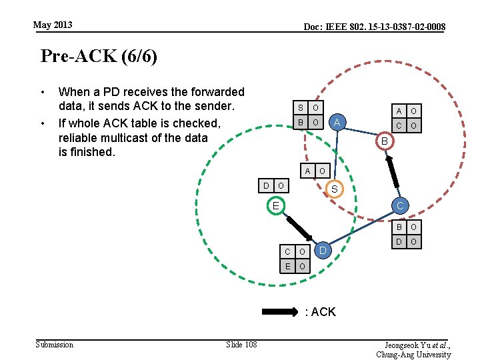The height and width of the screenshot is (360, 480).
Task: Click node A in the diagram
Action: tap(337, 122)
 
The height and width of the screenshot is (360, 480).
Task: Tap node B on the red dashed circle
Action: tap(384, 141)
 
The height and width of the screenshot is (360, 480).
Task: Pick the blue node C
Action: tap(400, 206)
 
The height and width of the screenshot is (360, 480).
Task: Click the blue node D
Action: tap(323, 250)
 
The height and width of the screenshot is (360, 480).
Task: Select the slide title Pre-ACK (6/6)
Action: tap(99, 56)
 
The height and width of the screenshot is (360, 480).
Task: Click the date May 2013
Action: tap(53, 25)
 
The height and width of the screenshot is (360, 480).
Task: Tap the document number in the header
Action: tap(374, 27)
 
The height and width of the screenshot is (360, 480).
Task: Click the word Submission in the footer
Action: tap(54, 344)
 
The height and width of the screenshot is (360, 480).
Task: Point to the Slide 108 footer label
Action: tap(241, 344)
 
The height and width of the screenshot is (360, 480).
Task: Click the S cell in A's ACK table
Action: tap(300, 108)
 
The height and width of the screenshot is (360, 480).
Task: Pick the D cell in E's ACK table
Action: tap(266, 185)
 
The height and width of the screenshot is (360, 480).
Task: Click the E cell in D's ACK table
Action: tap(287, 267)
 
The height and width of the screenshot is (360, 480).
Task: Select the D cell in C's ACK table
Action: tap(399, 241)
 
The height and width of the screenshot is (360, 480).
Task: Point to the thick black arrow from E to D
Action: tap(298, 227)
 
